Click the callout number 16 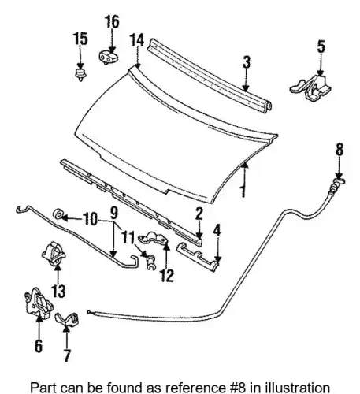point(112,21)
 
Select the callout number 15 point(80,39)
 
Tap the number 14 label point(137,40)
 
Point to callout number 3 point(247,62)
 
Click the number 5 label point(321,46)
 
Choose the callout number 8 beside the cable point(340,150)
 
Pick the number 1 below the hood point(243,191)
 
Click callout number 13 point(58,291)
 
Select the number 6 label point(39,345)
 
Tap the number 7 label point(67,355)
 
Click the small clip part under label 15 point(80,75)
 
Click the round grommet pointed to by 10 point(58,214)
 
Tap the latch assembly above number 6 point(39,303)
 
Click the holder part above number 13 point(54,253)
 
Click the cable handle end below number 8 point(338,183)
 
